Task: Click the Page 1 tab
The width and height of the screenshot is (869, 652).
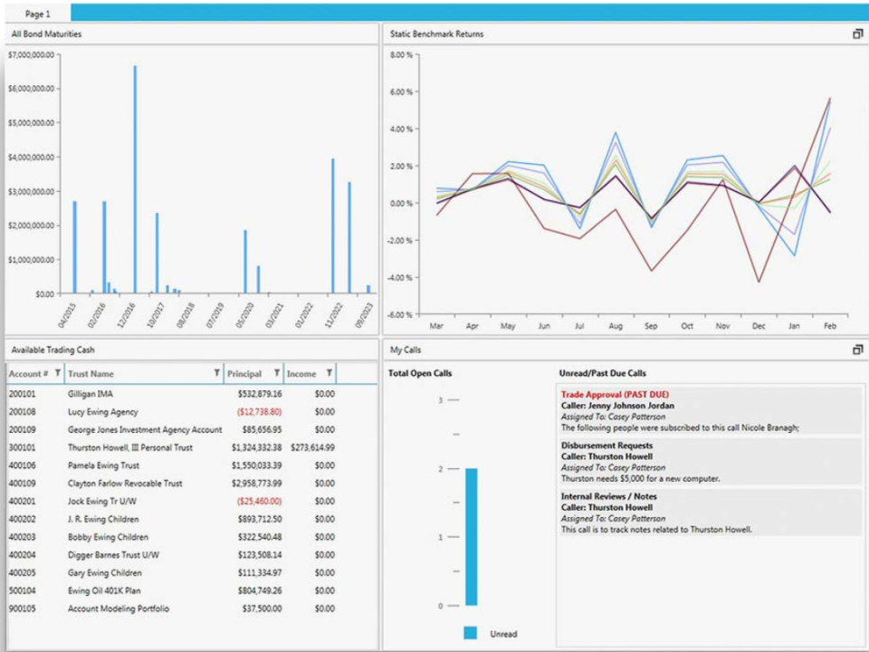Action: pyautogui.click(x=37, y=14)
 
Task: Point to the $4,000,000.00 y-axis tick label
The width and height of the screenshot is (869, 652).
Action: pyautogui.click(x=30, y=158)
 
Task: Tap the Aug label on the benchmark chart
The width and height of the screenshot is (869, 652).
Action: pyautogui.click(x=616, y=326)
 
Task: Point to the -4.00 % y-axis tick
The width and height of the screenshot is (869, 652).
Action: pyautogui.click(x=401, y=278)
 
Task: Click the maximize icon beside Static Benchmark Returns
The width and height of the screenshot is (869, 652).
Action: pyautogui.click(x=857, y=34)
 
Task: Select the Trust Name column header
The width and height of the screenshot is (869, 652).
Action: pyautogui.click(x=91, y=373)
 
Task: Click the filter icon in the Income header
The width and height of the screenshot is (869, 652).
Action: pyautogui.click(x=329, y=372)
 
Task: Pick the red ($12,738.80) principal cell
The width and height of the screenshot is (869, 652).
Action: pyautogui.click(x=259, y=412)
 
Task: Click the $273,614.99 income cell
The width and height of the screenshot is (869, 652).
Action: pyautogui.click(x=312, y=447)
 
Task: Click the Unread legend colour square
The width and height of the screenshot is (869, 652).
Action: pyautogui.click(x=470, y=633)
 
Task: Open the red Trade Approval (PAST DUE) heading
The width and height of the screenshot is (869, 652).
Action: pyautogui.click(x=615, y=395)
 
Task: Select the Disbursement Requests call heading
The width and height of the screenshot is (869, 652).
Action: pyautogui.click(x=606, y=446)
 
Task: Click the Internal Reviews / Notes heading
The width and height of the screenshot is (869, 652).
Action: pyautogui.click(x=609, y=496)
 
